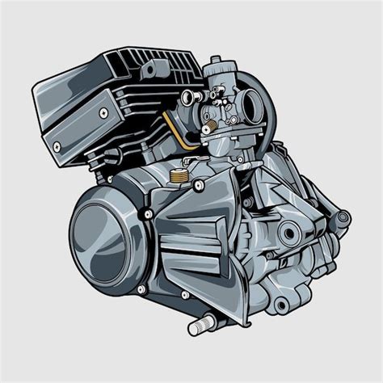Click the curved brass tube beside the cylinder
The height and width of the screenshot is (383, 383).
click(x=175, y=129)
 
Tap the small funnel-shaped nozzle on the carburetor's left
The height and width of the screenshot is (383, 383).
click(x=187, y=98)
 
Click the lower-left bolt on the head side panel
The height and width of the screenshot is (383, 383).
click(x=57, y=147)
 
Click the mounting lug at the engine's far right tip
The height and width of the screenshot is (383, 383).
click(x=343, y=217)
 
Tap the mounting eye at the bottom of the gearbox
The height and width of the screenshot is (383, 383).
click(x=281, y=304)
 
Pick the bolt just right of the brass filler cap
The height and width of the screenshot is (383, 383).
click(x=199, y=185)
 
